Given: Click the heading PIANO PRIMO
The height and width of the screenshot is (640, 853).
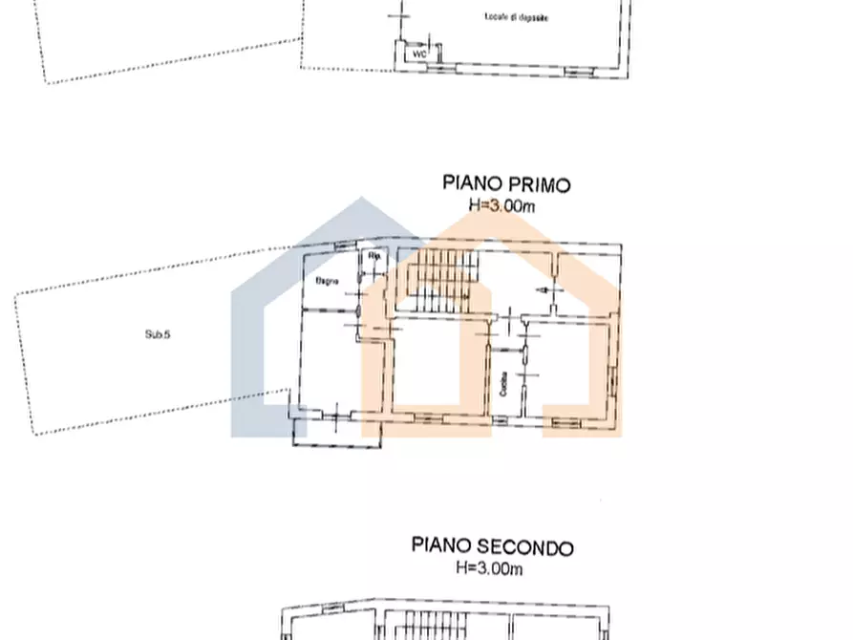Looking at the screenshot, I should pyautogui.click(x=506, y=182).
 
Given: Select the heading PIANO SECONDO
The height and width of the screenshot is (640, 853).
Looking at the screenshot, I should pyautogui.click(x=493, y=546).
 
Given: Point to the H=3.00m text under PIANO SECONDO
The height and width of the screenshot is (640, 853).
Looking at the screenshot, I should pyautogui.click(x=489, y=569).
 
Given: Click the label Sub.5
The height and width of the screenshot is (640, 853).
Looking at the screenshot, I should pyautogui.click(x=157, y=334).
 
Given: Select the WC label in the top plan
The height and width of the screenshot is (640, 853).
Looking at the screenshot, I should pyautogui.click(x=418, y=54).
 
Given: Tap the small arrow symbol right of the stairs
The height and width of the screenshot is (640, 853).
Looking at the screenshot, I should pyautogui.click(x=546, y=289).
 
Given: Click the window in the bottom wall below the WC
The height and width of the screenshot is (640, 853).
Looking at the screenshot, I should pyautogui.click(x=437, y=69).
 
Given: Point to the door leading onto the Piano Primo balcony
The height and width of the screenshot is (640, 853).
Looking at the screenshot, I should pyautogui.click(x=341, y=413).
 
